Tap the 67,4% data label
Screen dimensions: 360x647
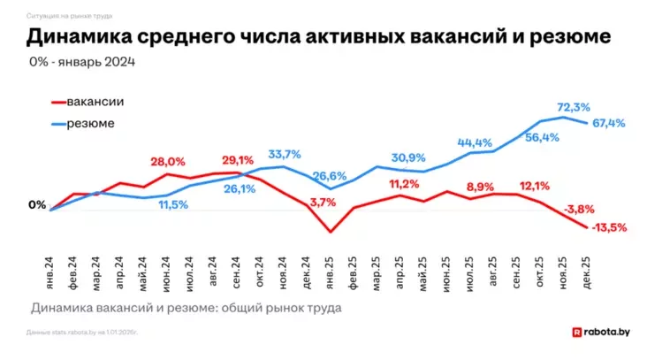tap(608, 123)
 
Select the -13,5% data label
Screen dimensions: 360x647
tap(608, 227)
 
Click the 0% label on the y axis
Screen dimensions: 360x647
tap(37, 205)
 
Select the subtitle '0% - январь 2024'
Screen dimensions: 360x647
tap(82, 62)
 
